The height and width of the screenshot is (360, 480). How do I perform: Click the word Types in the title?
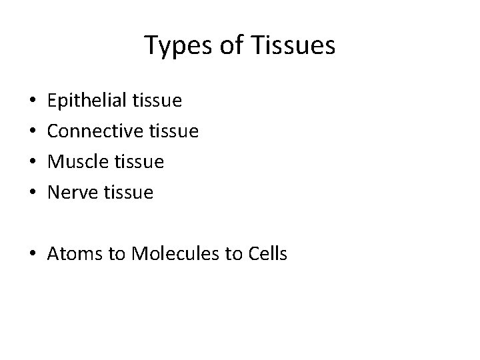[x=173, y=47]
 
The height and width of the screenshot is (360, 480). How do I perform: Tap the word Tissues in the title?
[x=297, y=46]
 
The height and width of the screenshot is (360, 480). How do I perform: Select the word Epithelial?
[x=87, y=101]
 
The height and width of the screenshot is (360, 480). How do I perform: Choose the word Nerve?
[x=75, y=193]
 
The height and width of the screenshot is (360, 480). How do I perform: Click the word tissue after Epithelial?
[x=157, y=101]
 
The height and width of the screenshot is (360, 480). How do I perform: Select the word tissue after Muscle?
[x=139, y=162]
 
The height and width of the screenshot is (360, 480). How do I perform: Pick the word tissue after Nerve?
[x=129, y=193]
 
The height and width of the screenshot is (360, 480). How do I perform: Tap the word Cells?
[x=265, y=253]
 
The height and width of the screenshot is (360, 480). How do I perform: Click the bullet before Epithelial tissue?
[x=33, y=102]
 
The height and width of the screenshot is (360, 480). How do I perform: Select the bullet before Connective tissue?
[x=33, y=132]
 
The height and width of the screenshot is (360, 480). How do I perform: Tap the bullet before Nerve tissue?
[x=33, y=193]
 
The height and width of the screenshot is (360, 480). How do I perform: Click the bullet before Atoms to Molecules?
[x=33, y=254]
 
